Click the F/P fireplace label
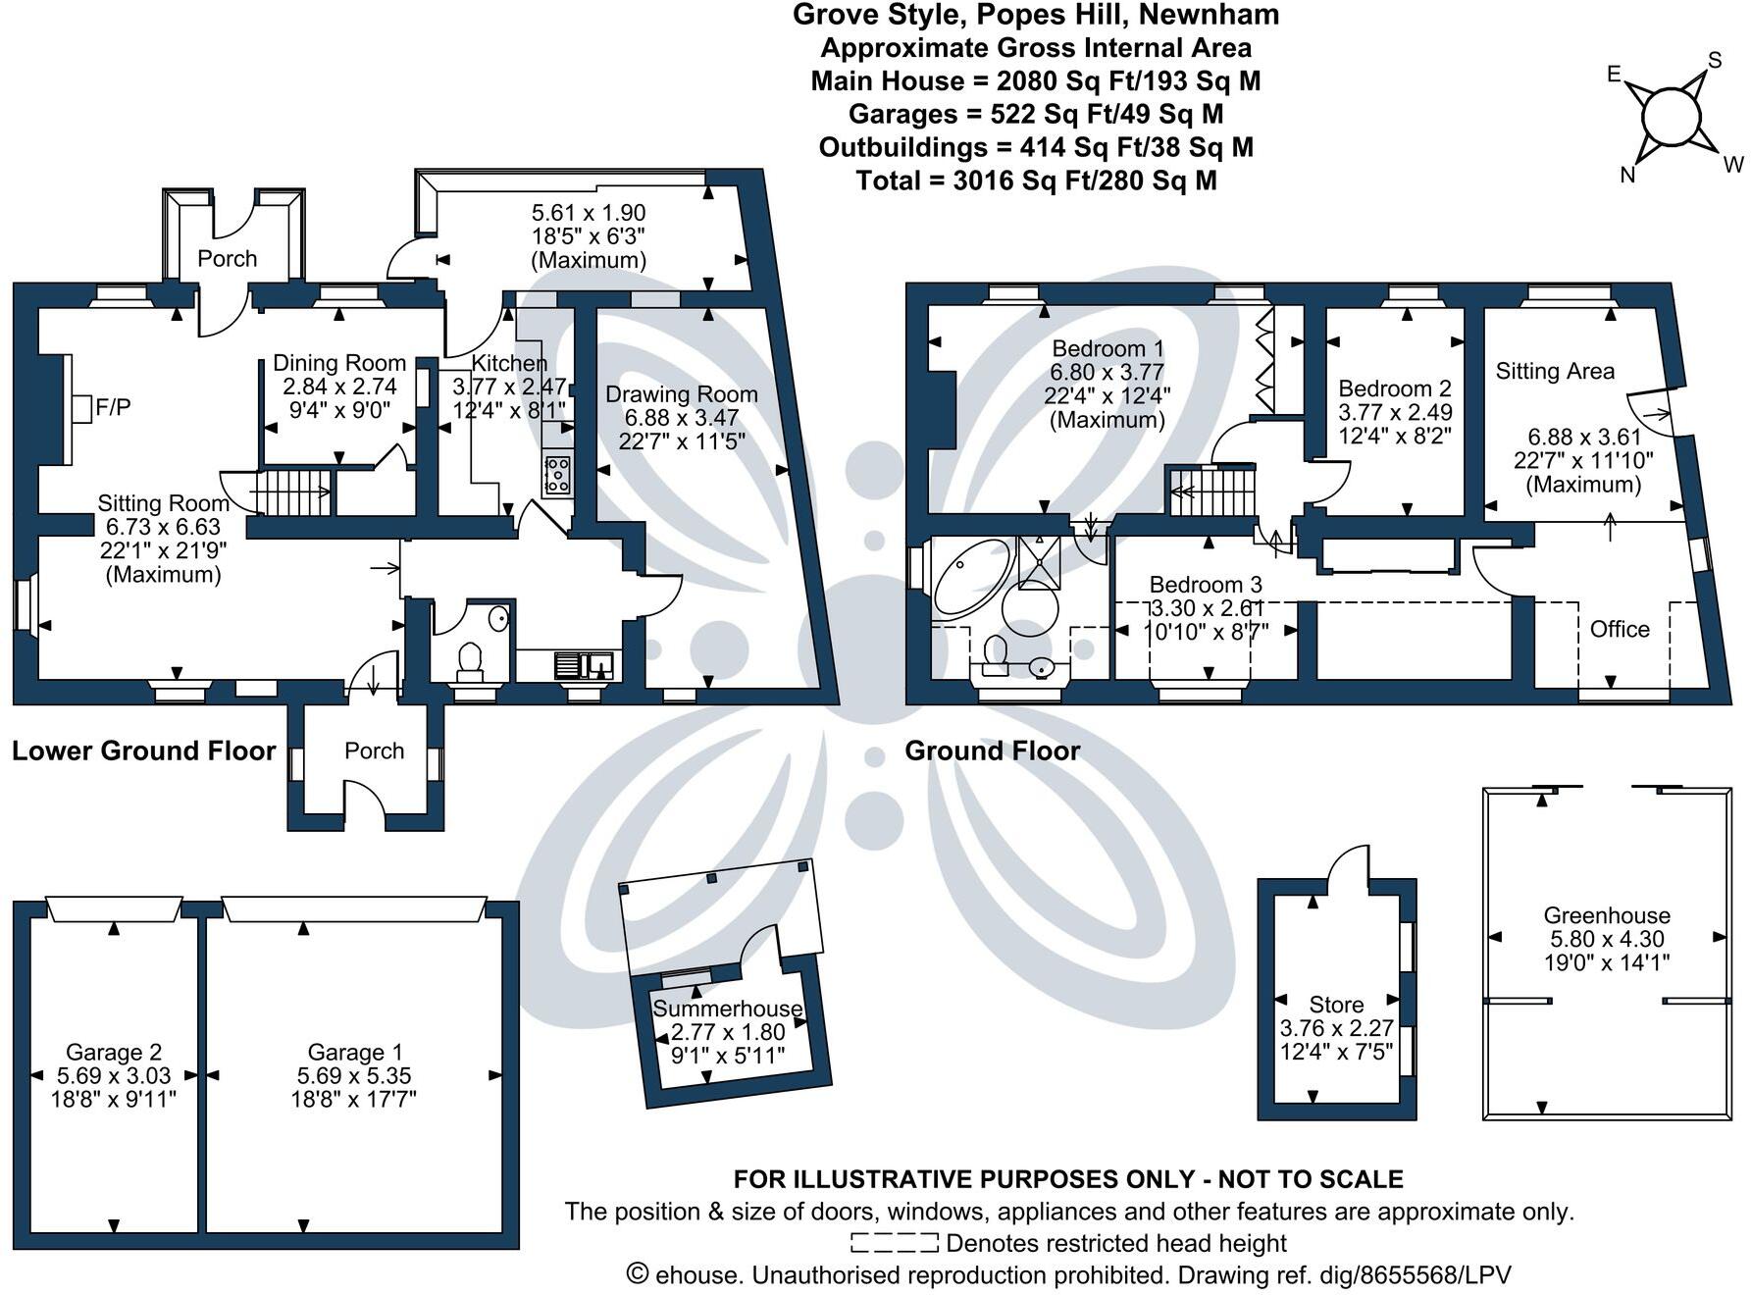pos(113,407)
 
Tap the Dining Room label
pos(339,363)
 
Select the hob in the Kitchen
pos(557,475)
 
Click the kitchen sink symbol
pos(585,665)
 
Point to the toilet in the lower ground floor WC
pos(471,659)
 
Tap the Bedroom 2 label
pos(1395,388)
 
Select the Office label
pos(1620,629)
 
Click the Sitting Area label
pos(1555,371)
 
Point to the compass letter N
pos(1627,176)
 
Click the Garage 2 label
pos(114,1053)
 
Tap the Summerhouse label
pos(727,1009)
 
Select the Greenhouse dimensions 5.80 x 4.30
pos(1607,939)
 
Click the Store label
pos(1336,1005)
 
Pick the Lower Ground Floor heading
pos(144,751)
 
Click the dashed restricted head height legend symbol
pos(894,1244)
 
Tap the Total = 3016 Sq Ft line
pos(1036,181)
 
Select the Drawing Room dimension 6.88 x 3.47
pos(681,418)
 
